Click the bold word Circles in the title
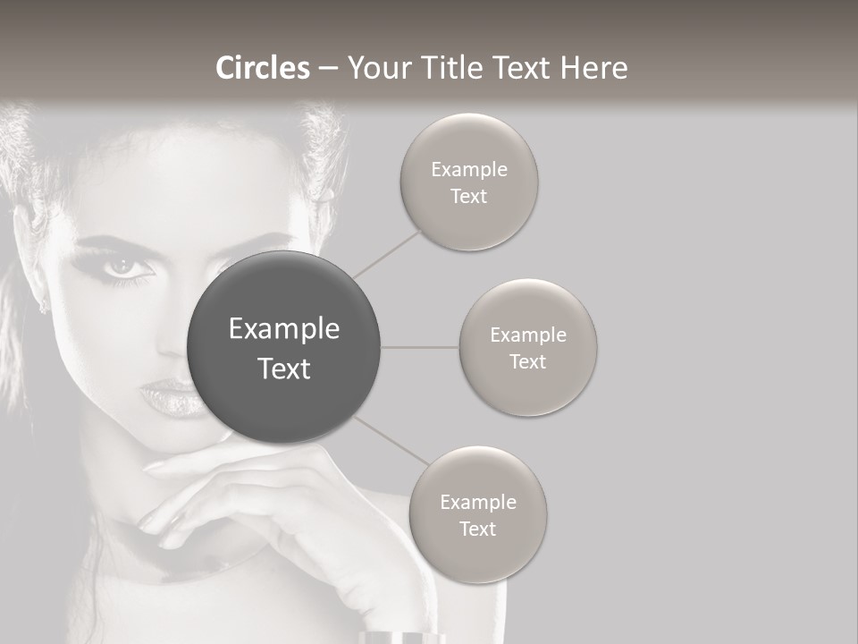pos(263,68)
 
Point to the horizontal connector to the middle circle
pos(419,347)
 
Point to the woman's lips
pos(170,395)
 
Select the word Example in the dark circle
pos(283,329)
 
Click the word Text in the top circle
pos(468,197)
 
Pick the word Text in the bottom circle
pos(477,530)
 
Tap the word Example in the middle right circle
pos(527,335)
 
